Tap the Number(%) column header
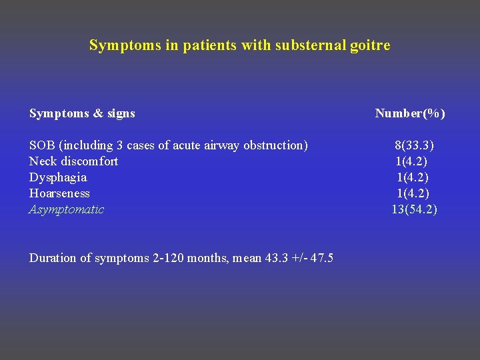pos(410,113)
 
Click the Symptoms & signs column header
pos(82,113)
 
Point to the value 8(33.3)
pos(415,145)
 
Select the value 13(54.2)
pos(414,209)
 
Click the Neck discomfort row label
pos(73,161)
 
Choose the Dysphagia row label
pos(58,177)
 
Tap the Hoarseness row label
pos(59,193)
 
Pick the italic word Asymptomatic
pos(67,209)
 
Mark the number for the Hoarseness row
pos(413,193)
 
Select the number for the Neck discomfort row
pos(411,161)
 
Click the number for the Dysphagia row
pos(413,177)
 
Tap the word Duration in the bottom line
pos(53,258)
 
